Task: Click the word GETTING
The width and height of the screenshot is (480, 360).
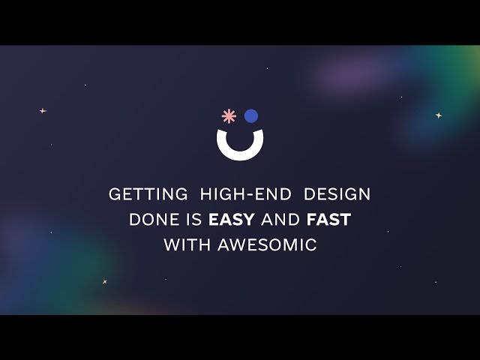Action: pyautogui.click(x=148, y=194)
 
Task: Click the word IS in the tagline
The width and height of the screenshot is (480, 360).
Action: pyautogui.click(x=193, y=220)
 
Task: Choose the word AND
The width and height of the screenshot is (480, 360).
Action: pyautogui.click(x=282, y=220)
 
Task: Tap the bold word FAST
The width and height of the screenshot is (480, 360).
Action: pyautogui.click(x=328, y=220)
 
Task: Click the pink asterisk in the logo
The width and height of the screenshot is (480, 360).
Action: pyautogui.click(x=228, y=115)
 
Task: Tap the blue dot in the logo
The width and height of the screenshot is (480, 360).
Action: pyautogui.click(x=250, y=115)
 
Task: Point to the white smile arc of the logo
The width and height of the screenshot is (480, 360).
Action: pyautogui.click(x=240, y=149)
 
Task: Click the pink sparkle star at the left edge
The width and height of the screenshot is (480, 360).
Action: pyautogui.click(x=43, y=111)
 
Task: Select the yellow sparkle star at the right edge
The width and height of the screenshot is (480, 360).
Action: pyautogui.click(x=439, y=115)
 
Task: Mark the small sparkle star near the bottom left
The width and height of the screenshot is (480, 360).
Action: pyautogui.click(x=105, y=282)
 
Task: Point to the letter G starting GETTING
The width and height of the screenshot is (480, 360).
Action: pyautogui.click(x=115, y=194)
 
